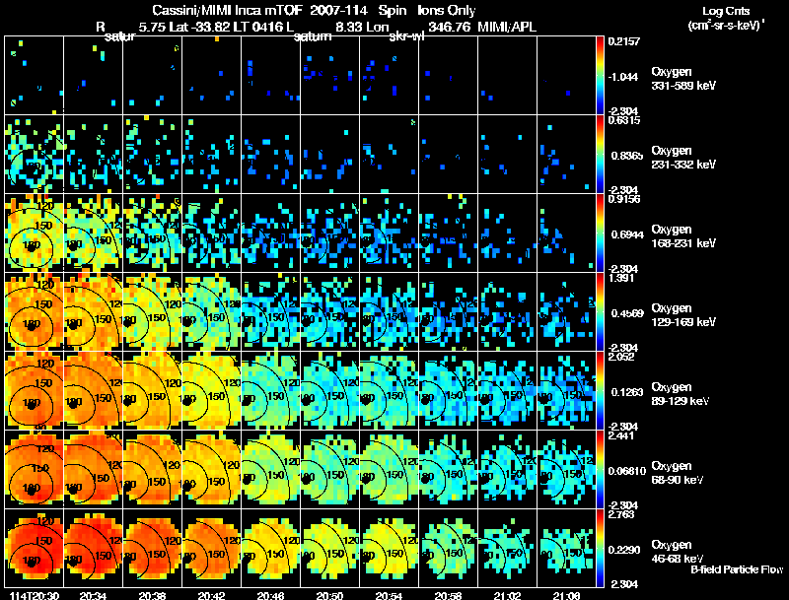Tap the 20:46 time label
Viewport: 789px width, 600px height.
(269, 595)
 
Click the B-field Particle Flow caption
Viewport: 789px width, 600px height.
(736, 569)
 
